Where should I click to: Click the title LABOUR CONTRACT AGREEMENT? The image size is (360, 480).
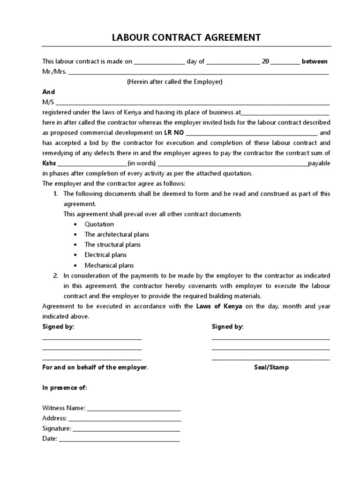186,37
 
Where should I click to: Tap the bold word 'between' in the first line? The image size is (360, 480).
315,61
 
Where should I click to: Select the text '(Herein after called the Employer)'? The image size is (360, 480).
174,82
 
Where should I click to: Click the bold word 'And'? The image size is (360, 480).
49,92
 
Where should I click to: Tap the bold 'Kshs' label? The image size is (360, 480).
49,163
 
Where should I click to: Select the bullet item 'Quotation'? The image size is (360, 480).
99,224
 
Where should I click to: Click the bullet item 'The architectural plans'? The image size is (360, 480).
117,234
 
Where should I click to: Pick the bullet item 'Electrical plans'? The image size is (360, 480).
105,255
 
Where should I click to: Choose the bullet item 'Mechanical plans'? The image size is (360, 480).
109,265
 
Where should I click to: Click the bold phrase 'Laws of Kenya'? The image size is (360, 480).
219,306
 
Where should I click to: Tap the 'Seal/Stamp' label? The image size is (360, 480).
271,367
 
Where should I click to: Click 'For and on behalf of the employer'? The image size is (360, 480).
95,367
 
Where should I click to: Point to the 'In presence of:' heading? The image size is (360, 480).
65,388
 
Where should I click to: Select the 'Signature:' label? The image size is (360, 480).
56,428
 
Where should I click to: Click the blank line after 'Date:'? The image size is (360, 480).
119,440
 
